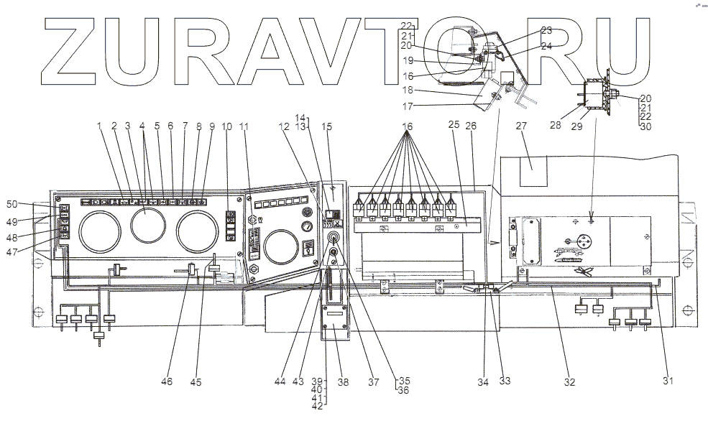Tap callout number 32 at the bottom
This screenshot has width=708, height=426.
[x=569, y=383]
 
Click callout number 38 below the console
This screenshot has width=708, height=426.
[x=344, y=383]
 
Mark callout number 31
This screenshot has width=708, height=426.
[x=668, y=382]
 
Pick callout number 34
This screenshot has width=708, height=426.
[x=483, y=383]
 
